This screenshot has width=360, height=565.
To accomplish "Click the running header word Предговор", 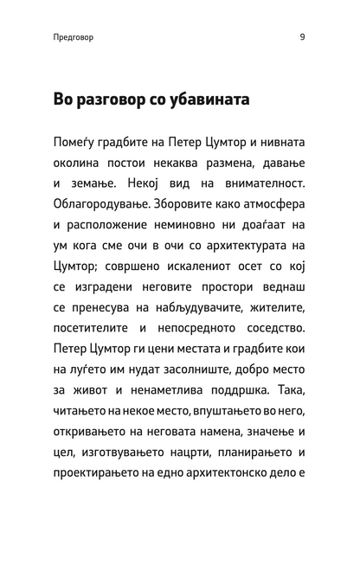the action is tap(73, 38).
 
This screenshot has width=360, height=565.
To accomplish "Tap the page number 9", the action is tap(302, 38).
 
